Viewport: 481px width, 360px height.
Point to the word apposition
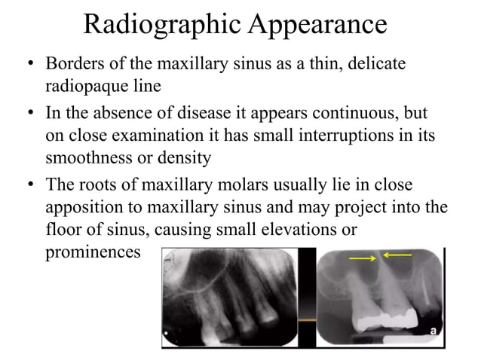pyautogui.click(x=84, y=207)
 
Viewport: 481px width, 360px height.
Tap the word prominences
pyautogui.click(x=93, y=251)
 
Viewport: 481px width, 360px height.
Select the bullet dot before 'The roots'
pyautogui.click(x=28, y=186)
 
